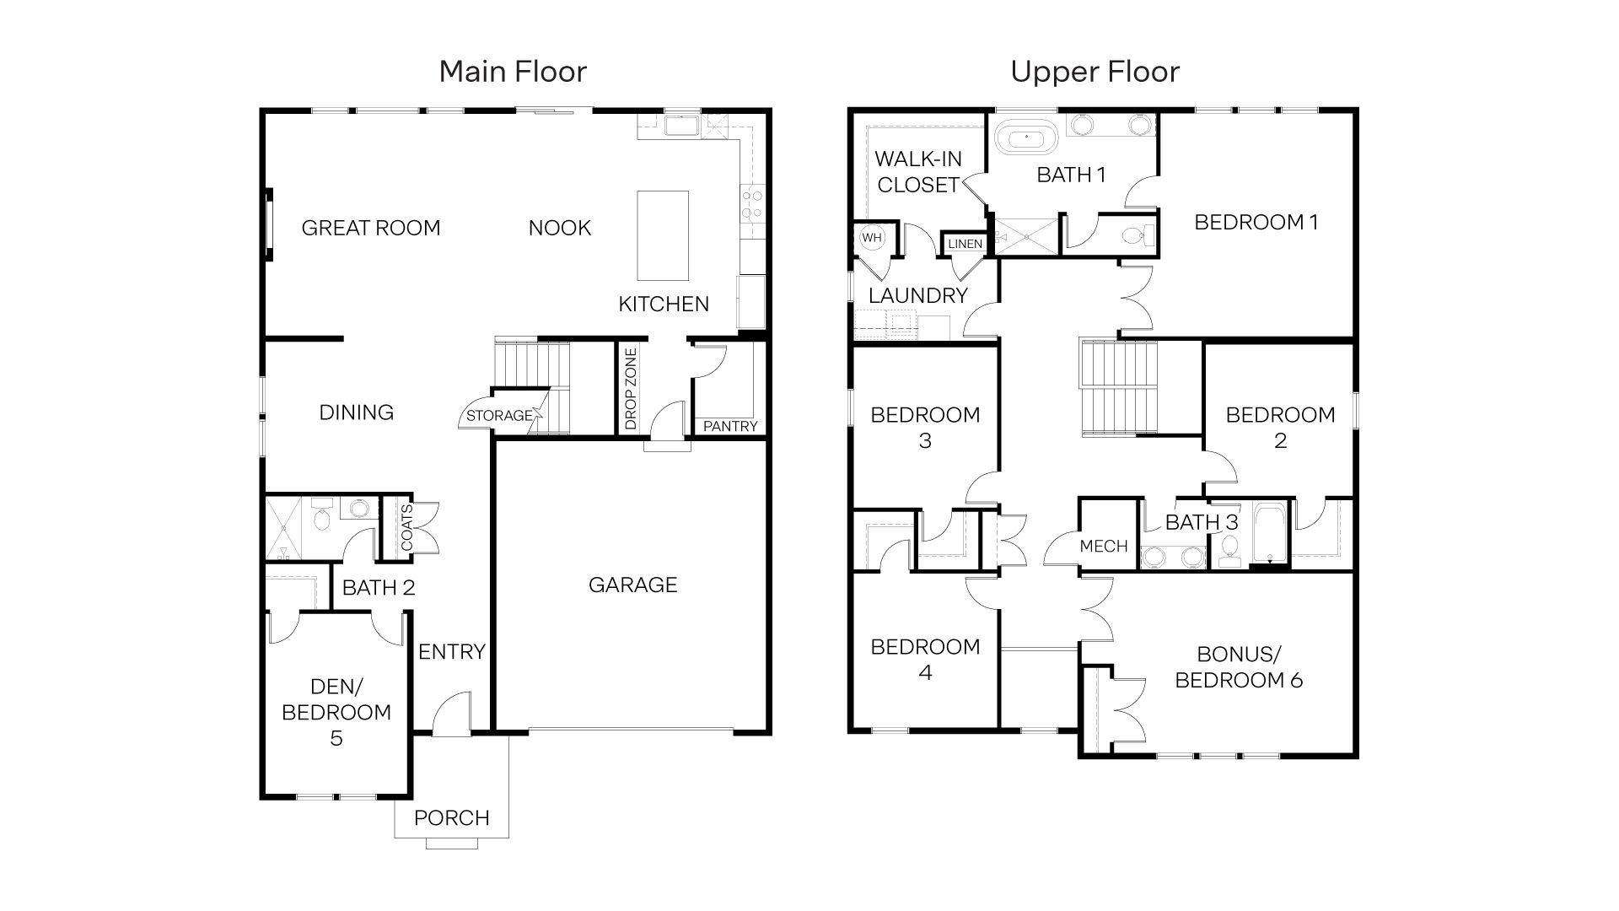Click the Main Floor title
tap(513, 72)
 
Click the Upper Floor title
tap(1095, 72)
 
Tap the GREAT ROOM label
tap(370, 228)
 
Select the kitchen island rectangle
tap(662, 235)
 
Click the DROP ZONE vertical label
tap(632, 389)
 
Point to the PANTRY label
tap(730, 426)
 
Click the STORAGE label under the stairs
tap(499, 415)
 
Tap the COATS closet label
tap(407, 528)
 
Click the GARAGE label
tap(632, 585)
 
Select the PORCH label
tap(452, 817)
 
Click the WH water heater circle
tap(872, 238)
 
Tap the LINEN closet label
tap(965, 244)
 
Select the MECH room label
tap(1103, 546)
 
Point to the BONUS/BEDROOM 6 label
tap(1239, 667)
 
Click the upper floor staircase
tap(1119, 386)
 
